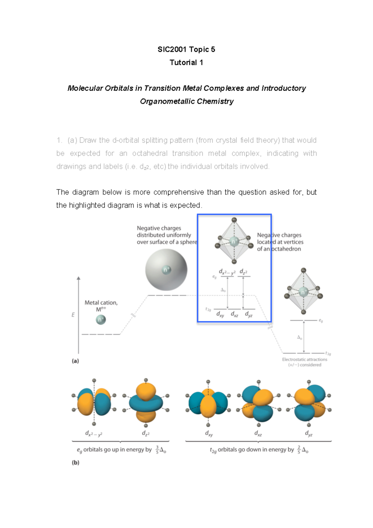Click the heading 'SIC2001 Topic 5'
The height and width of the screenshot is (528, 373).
[x=186, y=49]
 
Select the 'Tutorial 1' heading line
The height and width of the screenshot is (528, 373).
[x=186, y=63]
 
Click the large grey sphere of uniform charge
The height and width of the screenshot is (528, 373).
[x=166, y=270]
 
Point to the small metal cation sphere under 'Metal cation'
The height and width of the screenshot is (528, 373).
[x=101, y=319]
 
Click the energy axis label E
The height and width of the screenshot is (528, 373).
[x=73, y=315]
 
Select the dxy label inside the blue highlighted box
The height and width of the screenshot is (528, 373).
[x=220, y=314]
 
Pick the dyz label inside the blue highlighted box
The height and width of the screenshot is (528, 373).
[x=249, y=314]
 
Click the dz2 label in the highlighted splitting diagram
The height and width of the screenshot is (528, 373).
[x=243, y=272]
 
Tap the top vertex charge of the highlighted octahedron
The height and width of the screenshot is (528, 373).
[x=234, y=220]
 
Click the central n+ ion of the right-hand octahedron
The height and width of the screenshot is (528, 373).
[x=303, y=292]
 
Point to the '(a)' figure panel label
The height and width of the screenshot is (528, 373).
[x=76, y=361]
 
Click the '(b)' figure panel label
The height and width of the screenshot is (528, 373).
[x=76, y=462]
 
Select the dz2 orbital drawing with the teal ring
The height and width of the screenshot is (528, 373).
[x=146, y=403]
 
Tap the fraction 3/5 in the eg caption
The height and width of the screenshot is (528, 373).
[x=157, y=450]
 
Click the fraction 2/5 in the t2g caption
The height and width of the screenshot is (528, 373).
[x=299, y=450]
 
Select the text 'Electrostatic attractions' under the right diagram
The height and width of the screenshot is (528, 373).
[x=305, y=359]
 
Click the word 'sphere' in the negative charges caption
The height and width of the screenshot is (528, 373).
[x=188, y=242]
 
